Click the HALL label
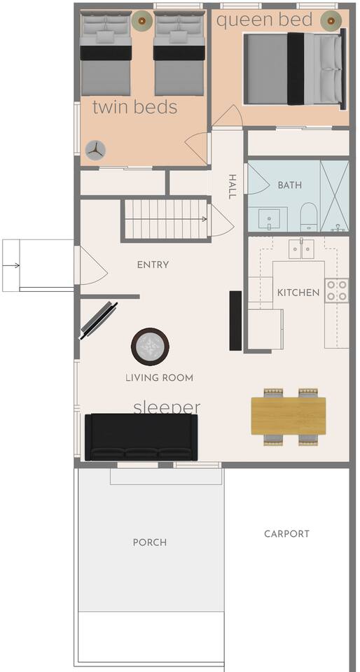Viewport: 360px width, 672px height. (x=232, y=186)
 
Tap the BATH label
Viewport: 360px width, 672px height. (x=290, y=185)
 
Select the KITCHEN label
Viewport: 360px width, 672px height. (x=298, y=293)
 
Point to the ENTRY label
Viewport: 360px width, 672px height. (x=153, y=265)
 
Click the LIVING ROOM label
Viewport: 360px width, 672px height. (x=160, y=378)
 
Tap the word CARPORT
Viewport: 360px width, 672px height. (x=286, y=534)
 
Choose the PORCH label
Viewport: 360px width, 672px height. (x=150, y=542)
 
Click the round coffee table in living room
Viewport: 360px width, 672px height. (x=150, y=346)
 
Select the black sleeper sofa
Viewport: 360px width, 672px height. (x=141, y=437)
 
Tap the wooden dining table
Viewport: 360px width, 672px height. (x=289, y=416)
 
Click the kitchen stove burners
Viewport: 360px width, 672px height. (x=336, y=290)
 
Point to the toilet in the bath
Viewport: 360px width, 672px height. (x=308, y=217)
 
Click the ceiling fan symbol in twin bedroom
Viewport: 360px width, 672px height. (x=95, y=150)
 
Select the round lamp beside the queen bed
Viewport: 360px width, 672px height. (x=331, y=20)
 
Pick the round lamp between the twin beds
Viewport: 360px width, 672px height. (x=142, y=20)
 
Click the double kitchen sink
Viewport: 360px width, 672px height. (x=301, y=249)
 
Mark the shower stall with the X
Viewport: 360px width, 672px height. (x=335, y=196)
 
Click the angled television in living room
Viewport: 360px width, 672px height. (x=99, y=321)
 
